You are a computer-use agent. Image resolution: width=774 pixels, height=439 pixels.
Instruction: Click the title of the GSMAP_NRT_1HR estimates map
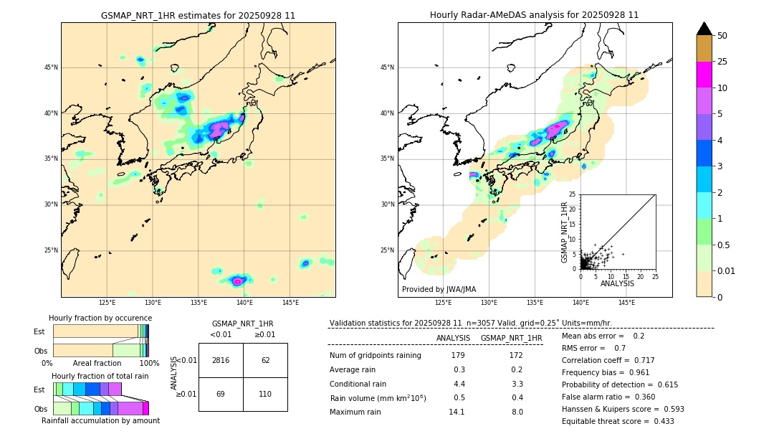(x=198, y=15)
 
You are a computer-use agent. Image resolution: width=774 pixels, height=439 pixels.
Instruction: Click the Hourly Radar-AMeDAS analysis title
(x=534, y=15)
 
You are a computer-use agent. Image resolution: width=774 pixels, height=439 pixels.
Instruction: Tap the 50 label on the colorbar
(x=722, y=36)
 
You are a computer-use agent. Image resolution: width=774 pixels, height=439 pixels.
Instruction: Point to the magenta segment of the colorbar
(x=704, y=75)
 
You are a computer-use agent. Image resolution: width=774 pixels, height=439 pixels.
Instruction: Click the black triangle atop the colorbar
(x=704, y=29)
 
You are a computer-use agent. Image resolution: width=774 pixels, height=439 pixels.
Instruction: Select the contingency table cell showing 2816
(x=221, y=360)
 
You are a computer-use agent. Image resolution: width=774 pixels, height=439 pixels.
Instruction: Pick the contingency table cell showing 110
(x=265, y=394)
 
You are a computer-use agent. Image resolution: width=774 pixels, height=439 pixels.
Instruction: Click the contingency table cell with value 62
(x=265, y=360)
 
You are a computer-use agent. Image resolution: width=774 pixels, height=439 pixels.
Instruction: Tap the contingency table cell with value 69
(x=221, y=394)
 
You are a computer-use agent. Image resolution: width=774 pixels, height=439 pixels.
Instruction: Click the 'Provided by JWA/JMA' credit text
(x=439, y=290)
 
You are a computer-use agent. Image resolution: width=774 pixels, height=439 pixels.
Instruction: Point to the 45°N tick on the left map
(x=51, y=67)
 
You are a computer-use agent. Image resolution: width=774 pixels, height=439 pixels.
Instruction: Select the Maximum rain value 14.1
(x=457, y=412)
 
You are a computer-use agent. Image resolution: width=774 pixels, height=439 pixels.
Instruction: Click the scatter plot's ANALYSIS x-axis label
(x=617, y=284)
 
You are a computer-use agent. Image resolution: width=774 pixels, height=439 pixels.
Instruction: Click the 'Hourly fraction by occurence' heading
(x=100, y=318)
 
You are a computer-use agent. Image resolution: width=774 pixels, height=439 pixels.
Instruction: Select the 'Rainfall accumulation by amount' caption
(x=100, y=420)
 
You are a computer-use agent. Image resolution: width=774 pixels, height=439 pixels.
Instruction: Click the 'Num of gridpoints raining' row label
(x=375, y=356)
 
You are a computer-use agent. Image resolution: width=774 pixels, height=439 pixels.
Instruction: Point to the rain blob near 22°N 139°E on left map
(x=238, y=280)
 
